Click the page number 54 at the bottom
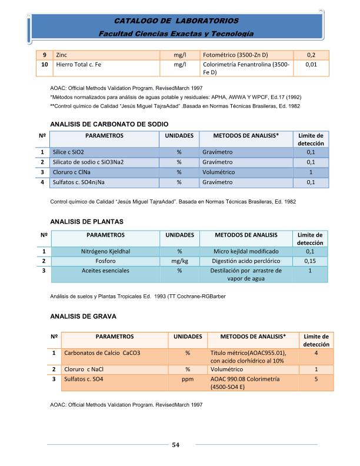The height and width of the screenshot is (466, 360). coord(175,444)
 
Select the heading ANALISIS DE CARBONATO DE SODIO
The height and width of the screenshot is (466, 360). coord(110,124)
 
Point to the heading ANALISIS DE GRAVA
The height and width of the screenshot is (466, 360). coord(84,316)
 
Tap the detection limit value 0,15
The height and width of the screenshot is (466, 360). coord(310,261)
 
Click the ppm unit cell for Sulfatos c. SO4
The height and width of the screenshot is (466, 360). coord(188,380)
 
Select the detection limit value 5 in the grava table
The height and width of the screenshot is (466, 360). coord(316,380)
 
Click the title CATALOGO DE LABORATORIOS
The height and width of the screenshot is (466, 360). coord(176,21)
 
